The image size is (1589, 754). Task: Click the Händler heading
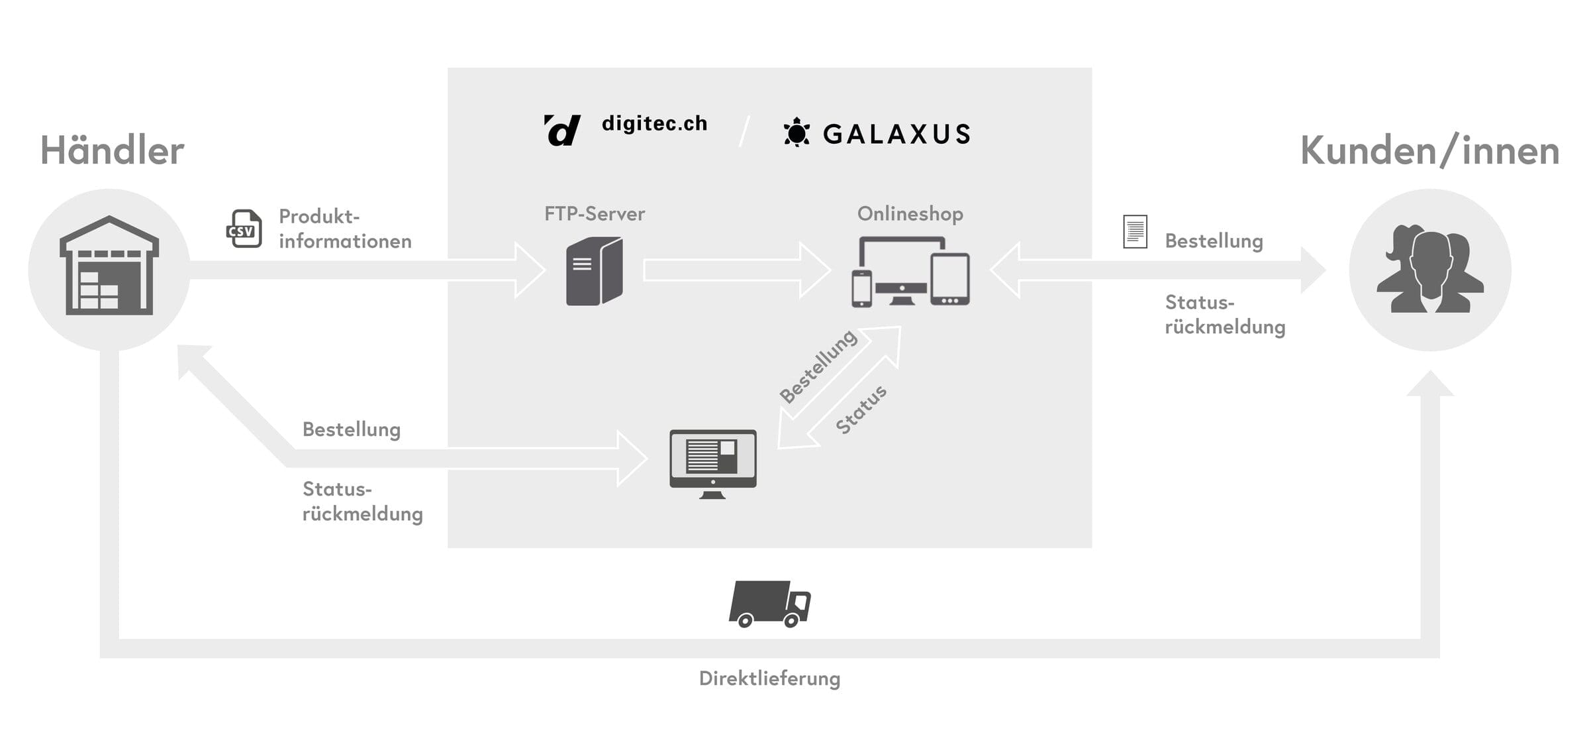(112, 151)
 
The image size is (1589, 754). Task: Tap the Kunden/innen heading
(1429, 151)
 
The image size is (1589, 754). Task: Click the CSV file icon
(244, 229)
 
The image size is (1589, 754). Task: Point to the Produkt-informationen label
(344, 229)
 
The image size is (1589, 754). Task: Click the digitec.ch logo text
(654, 124)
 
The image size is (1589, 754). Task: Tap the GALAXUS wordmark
(896, 135)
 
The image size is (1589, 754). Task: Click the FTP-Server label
(594, 214)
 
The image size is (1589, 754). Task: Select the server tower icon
(594, 272)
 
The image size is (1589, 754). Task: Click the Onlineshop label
(910, 214)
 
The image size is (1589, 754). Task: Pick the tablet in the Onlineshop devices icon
(949, 279)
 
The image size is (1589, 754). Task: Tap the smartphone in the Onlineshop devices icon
(861, 289)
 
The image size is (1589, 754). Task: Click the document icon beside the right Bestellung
(1135, 232)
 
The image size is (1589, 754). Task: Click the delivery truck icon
(769, 604)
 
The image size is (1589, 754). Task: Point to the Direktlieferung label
(769, 678)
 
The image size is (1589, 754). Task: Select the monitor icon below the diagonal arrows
(712, 462)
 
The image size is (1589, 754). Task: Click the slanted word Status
(861, 409)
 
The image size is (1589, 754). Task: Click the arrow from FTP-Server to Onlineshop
(735, 270)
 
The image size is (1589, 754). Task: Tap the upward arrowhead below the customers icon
(1429, 385)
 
